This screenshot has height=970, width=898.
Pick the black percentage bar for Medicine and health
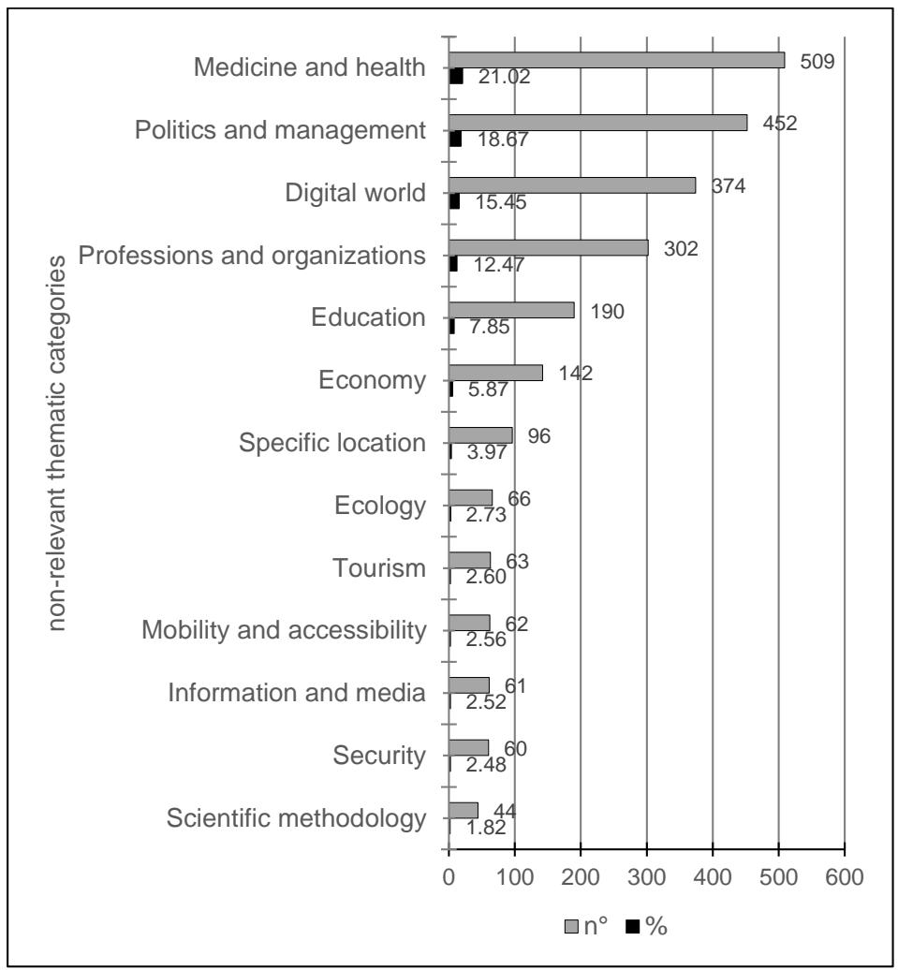(456, 77)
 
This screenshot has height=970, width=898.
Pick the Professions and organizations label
(252, 256)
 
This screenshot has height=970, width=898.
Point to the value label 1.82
(485, 827)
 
